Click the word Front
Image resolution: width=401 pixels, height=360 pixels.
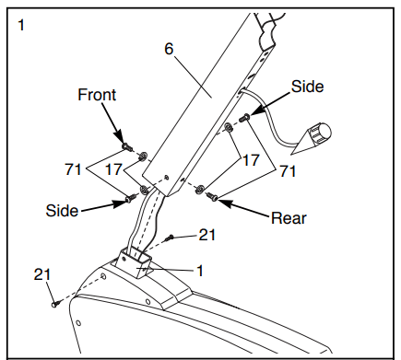pos(97,95)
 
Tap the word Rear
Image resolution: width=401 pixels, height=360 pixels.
pos(289,218)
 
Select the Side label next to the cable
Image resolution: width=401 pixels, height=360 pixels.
pos(307,87)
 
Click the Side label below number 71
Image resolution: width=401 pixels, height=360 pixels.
pos(62,211)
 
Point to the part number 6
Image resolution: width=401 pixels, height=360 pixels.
pos(169,49)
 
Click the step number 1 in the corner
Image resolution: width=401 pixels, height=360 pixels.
pos(21,25)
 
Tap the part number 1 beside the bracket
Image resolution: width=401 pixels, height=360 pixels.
pos(200,271)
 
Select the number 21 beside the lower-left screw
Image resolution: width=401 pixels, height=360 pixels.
pos(42,274)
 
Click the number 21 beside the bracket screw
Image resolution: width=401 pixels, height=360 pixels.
pos(207,235)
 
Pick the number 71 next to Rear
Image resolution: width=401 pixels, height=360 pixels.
pos(288,171)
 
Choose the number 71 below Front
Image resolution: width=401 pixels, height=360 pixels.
pos(73,169)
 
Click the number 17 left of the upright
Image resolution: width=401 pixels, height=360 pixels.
pos(113,169)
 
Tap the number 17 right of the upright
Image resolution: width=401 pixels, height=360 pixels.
pos(251,160)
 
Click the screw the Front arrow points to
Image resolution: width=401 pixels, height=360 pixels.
pos(127,146)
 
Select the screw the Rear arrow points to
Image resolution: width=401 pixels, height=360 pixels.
pos(212,196)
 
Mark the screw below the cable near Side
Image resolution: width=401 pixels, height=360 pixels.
pos(244,117)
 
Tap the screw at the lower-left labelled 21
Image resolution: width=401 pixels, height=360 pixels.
pos(55,304)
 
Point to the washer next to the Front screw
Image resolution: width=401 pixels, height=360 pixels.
pos(143,157)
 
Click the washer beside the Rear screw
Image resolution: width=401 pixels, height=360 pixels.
pos(200,189)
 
